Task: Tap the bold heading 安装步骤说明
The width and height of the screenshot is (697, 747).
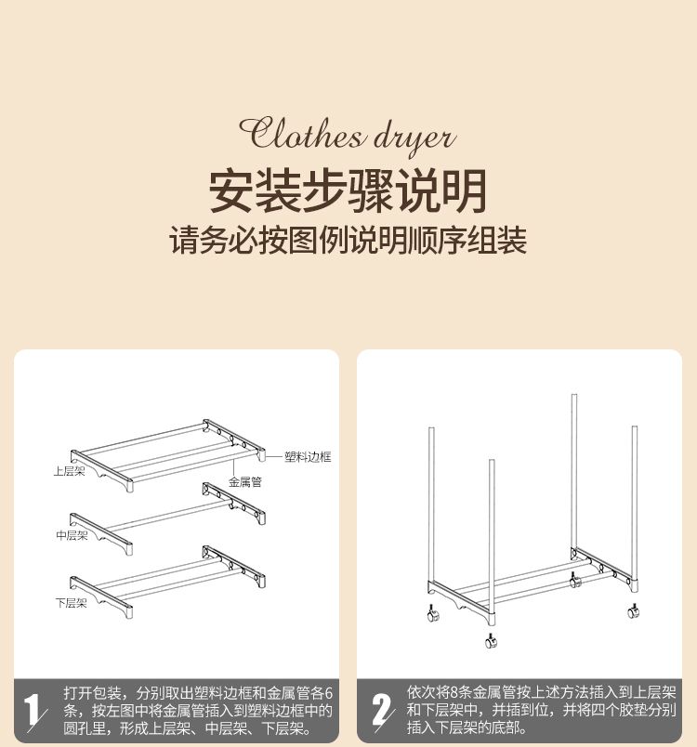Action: (x=348, y=191)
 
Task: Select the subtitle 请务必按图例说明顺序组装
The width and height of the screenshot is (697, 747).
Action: (x=348, y=240)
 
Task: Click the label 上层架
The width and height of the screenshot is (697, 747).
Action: (x=69, y=471)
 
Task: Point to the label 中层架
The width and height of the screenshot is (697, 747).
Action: (x=72, y=535)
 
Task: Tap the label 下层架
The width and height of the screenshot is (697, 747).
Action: (x=71, y=603)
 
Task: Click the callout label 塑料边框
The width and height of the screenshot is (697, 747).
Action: (x=308, y=457)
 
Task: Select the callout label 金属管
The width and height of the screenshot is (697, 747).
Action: (x=245, y=482)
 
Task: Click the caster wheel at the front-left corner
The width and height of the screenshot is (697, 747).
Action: (x=433, y=613)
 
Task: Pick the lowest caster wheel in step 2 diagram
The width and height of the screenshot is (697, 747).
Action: (x=491, y=640)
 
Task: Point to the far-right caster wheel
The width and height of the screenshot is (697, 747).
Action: (x=633, y=610)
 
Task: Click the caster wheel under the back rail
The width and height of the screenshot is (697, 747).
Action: (x=575, y=581)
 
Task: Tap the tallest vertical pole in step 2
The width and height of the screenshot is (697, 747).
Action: (x=574, y=476)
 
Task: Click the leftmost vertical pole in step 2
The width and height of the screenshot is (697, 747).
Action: (x=431, y=505)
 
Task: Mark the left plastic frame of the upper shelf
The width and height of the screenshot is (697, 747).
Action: (x=101, y=470)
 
